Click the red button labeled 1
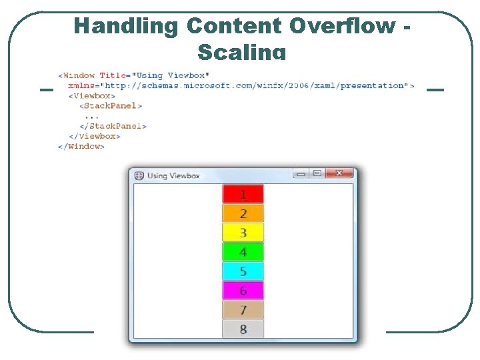tap(243, 194)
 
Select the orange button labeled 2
tap(243, 213)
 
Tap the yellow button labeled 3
tap(243, 233)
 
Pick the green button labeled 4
tap(243, 252)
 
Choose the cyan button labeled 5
tap(243, 271)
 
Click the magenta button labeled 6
tap(243, 291)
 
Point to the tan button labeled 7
tap(243, 310)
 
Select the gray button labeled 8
tap(243, 329)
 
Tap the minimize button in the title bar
tap(301, 173)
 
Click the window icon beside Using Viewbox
tap(139, 176)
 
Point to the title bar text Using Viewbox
tap(173, 176)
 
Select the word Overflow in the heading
tap(341, 26)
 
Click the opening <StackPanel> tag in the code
tap(111, 105)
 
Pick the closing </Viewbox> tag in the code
tap(95, 136)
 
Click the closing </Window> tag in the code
tap(81, 146)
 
